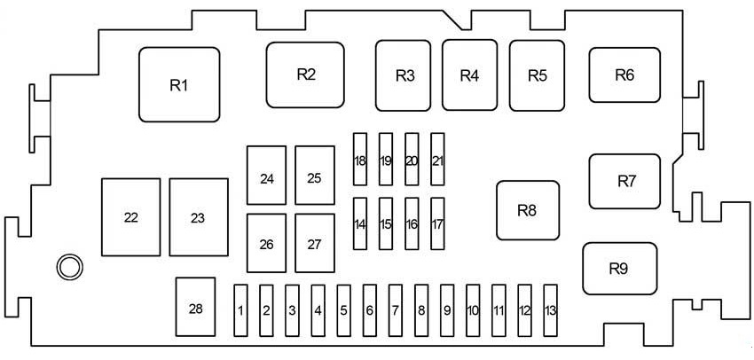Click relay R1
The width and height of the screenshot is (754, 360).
179,85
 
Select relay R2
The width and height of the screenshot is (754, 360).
305,74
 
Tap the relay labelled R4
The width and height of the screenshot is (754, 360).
469,75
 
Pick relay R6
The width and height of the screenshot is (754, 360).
624,75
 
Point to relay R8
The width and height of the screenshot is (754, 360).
528,210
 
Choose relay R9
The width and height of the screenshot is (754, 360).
618,268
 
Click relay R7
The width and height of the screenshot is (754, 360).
626,181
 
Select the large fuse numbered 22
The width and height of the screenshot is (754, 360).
131,217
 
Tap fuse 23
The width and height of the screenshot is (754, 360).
198,217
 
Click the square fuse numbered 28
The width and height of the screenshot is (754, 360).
196,309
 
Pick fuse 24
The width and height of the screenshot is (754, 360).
267,177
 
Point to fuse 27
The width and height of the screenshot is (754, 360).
314,243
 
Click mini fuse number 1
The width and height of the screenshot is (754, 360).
240,310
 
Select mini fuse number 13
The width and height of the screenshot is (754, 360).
551,310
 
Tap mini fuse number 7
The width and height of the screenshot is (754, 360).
396,310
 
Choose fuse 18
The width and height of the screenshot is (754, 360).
359,160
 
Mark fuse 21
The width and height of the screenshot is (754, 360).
437,160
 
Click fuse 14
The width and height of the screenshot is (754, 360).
359,224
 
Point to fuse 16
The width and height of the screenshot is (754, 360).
412,224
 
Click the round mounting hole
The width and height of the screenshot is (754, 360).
68,265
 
